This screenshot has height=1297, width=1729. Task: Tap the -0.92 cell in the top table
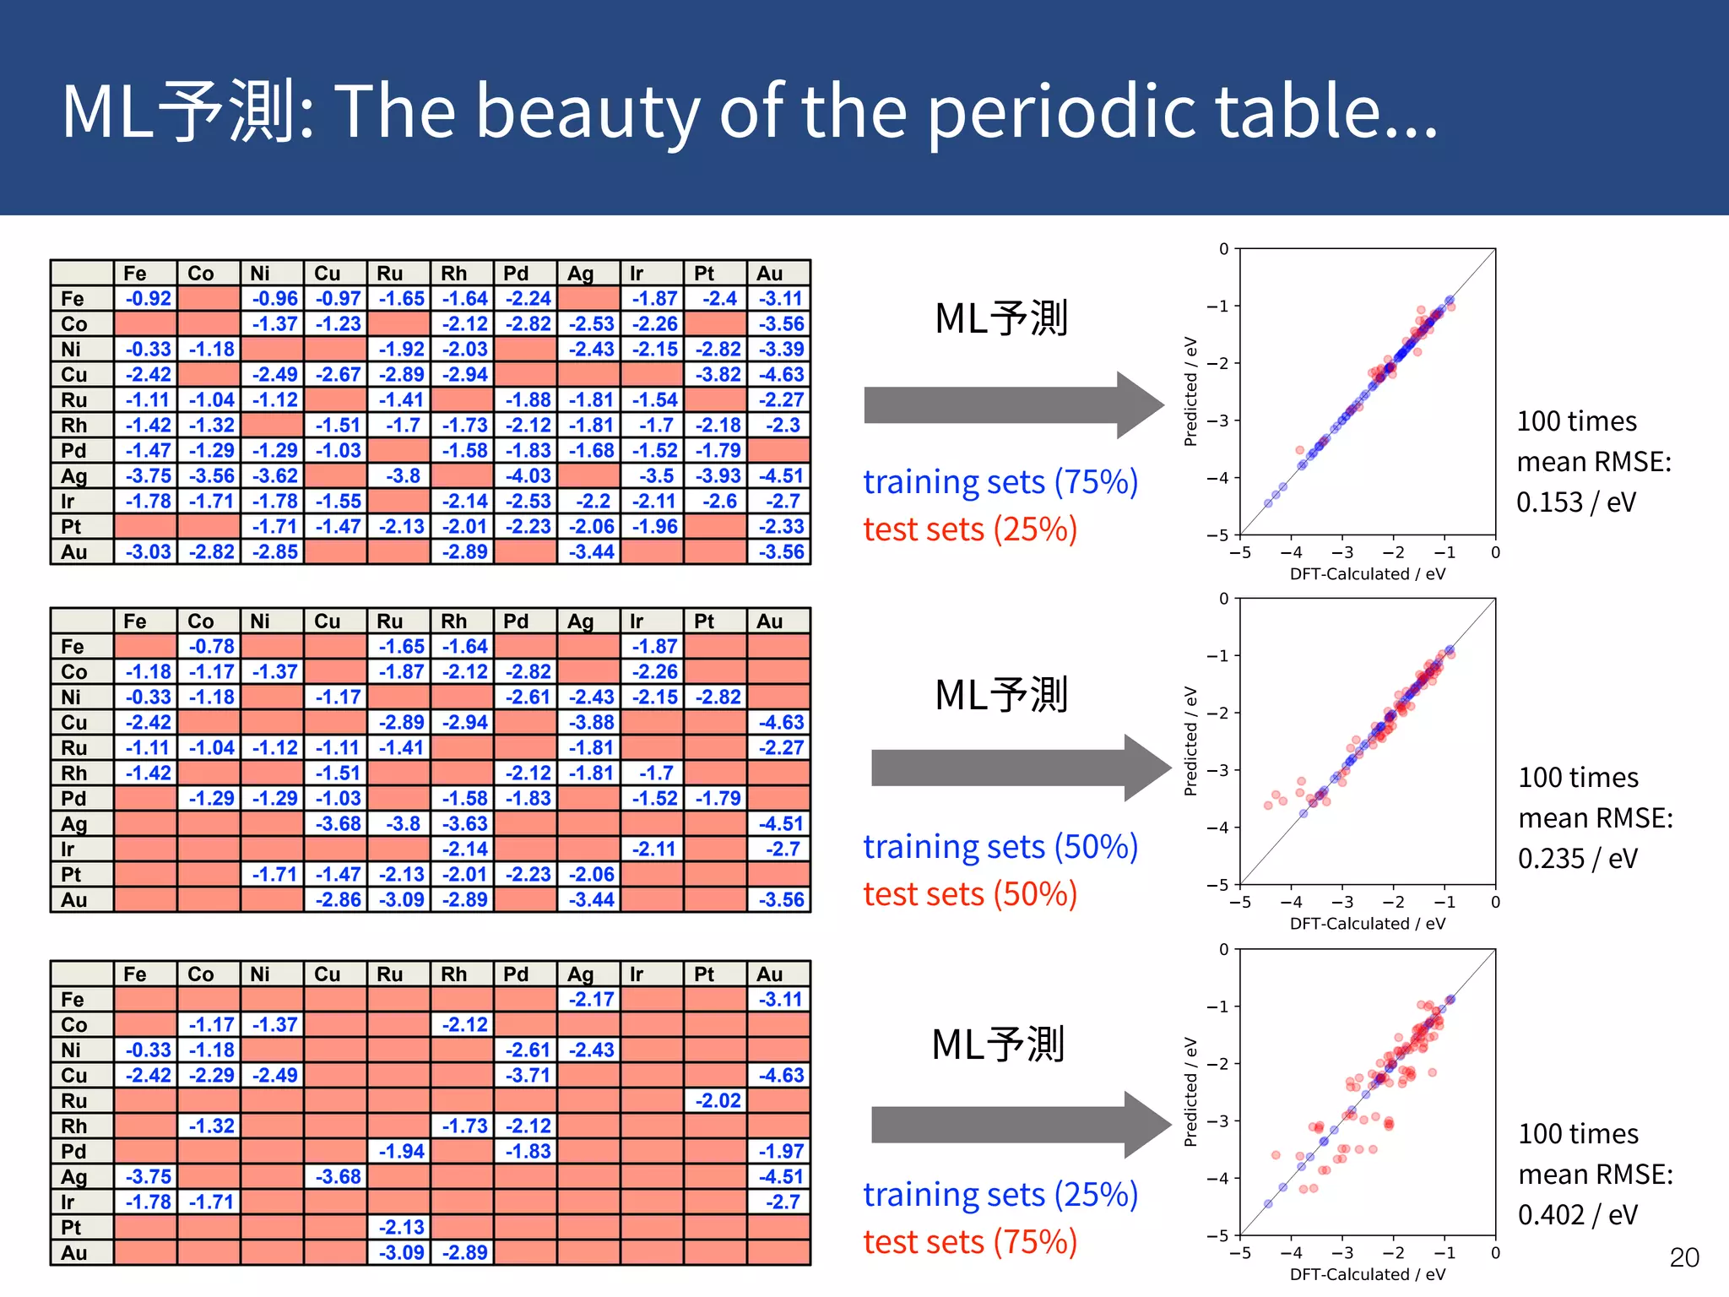point(148,299)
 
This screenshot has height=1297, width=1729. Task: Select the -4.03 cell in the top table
point(528,476)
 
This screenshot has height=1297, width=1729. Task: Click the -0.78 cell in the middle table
point(211,647)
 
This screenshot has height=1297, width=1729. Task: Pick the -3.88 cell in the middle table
point(591,723)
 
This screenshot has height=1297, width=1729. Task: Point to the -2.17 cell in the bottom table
point(591,1000)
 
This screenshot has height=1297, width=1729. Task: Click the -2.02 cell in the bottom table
point(718,1101)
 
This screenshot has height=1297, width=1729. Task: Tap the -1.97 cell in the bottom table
point(781,1152)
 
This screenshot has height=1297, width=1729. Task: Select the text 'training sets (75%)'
point(1000,482)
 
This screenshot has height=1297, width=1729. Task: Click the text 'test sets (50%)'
point(970,894)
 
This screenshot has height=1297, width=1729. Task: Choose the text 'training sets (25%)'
point(1000,1195)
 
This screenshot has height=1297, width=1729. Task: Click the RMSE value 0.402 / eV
point(1577,1215)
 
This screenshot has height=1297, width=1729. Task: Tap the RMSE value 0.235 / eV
point(1577,859)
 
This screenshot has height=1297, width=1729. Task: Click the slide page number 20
point(1683,1257)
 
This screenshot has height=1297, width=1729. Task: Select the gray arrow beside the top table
point(1013,405)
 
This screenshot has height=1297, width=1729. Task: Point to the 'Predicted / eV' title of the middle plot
point(1190,741)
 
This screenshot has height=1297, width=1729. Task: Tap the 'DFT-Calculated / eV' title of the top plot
point(1367,574)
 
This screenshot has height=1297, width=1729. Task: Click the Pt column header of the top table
point(704,274)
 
